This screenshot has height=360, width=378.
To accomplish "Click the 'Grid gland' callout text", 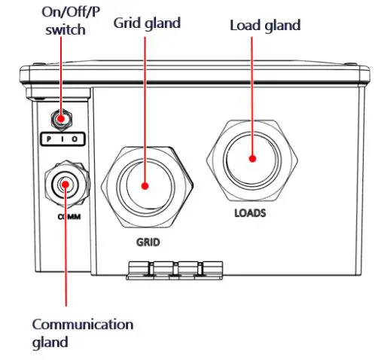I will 147,23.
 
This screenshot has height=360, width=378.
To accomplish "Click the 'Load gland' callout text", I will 264,25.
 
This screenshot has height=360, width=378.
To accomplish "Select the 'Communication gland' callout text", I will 82,333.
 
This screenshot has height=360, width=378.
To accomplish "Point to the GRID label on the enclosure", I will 149,243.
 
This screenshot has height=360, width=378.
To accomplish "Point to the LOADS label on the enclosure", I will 250,212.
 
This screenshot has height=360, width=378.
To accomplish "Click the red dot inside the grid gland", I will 145,185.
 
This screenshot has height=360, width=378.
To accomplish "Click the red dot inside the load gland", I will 251,159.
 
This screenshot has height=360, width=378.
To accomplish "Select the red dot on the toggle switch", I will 60,118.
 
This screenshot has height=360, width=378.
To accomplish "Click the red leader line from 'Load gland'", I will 253,90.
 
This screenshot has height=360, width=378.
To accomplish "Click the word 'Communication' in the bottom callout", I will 82,325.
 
